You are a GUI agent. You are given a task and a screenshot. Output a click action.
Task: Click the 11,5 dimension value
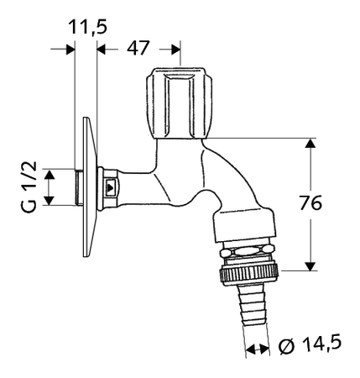click(87, 27)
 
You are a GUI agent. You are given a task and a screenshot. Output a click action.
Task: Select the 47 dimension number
click(138, 48)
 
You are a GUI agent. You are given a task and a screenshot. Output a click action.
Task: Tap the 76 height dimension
click(310, 202)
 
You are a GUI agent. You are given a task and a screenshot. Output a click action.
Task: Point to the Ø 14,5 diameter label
click(310, 344)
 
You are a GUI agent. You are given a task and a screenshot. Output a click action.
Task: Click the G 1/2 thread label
click(29, 186)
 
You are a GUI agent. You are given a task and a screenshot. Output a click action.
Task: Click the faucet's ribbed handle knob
click(179, 102)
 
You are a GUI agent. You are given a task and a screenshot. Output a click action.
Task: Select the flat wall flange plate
click(90, 186)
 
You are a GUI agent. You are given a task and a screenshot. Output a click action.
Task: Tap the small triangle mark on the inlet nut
click(111, 186)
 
